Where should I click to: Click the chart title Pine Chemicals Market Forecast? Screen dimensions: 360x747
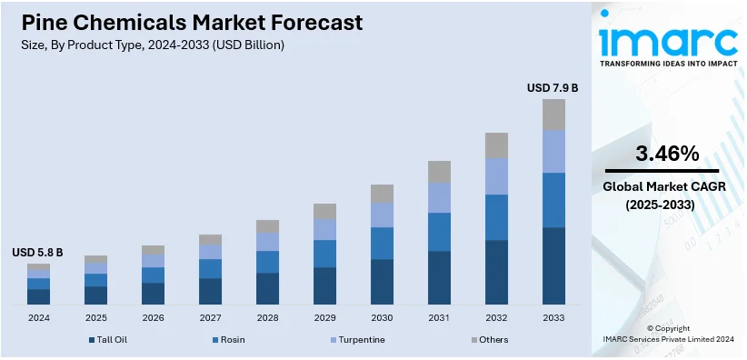(x=186, y=22)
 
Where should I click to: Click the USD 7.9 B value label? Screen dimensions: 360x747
(x=553, y=88)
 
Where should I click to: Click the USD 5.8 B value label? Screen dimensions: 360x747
(x=37, y=252)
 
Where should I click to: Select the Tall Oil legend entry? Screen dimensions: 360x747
(x=109, y=339)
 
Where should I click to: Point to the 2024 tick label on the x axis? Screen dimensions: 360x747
(x=39, y=318)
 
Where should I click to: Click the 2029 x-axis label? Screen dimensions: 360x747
(x=324, y=318)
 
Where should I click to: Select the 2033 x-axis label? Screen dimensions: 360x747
(x=553, y=318)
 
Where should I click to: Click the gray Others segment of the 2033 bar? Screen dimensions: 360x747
(x=553, y=115)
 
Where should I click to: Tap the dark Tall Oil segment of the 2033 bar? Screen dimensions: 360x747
(x=553, y=265)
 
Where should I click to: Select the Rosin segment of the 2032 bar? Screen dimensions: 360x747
(x=496, y=216)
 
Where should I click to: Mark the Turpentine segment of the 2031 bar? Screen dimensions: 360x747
(x=439, y=197)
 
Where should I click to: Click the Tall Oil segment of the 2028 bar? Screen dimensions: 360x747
(x=267, y=288)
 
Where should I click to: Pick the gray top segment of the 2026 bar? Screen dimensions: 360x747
(x=153, y=250)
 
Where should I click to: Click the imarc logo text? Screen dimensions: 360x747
(x=668, y=41)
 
